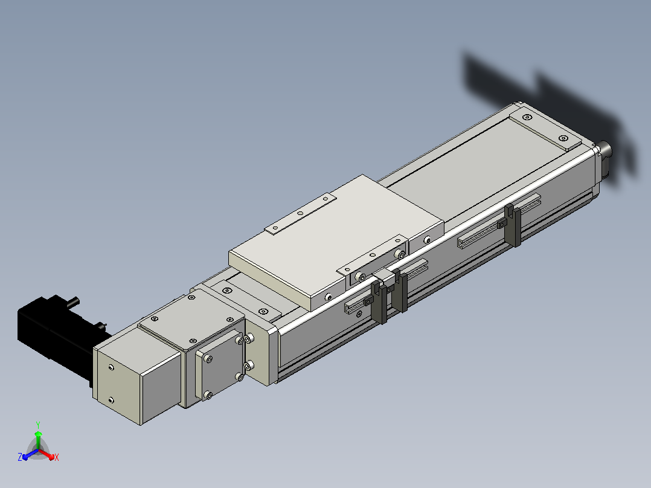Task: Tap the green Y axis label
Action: click(38, 425)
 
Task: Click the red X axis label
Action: click(57, 457)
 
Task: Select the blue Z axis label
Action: click(20, 457)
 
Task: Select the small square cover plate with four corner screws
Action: click(220, 364)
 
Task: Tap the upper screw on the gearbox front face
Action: click(111, 367)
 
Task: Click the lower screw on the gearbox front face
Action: click(111, 400)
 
